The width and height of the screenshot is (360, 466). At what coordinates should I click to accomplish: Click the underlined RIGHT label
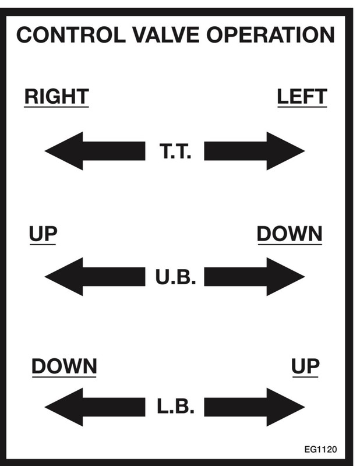pyautogui.click(x=56, y=97)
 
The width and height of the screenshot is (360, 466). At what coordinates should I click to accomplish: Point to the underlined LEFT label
pyautogui.click(x=302, y=97)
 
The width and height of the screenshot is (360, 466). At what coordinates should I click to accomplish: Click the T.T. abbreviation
pyautogui.click(x=175, y=151)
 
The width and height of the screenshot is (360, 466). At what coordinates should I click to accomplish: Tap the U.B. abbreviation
pyautogui.click(x=175, y=277)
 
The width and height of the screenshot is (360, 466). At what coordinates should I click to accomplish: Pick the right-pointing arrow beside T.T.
pyautogui.click(x=254, y=151)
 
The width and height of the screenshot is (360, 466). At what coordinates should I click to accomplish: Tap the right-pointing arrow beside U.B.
pyautogui.click(x=254, y=276)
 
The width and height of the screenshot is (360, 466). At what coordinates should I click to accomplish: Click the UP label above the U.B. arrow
pyautogui.click(x=43, y=234)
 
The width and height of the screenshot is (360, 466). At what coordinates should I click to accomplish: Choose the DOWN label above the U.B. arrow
pyautogui.click(x=289, y=234)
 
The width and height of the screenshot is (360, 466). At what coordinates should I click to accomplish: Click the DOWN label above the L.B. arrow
pyautogui.click(x=64, y=367)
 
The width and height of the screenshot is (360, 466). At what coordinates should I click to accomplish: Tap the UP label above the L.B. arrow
pyautogui.click(x=305, y=367)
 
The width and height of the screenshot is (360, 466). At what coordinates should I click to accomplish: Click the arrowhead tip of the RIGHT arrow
pyautogui.click(x=47, y=151)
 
